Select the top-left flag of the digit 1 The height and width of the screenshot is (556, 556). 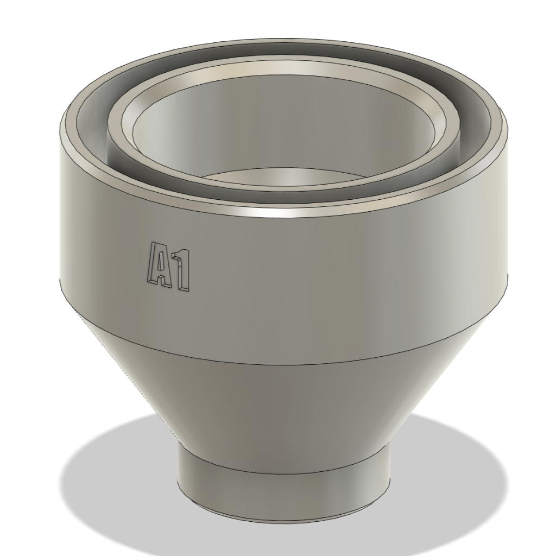(175, 254)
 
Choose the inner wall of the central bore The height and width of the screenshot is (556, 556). (282, 125)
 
